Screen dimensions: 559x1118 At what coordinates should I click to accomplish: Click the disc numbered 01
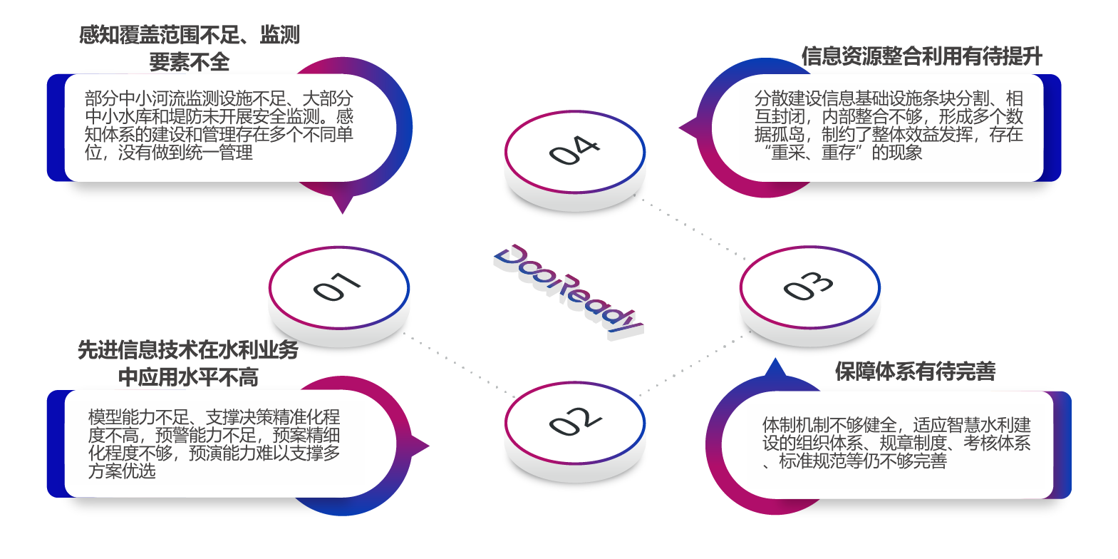coord(338,288)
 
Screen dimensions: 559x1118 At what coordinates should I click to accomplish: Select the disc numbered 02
coord(574,422)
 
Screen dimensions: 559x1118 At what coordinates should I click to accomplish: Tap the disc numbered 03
coord(809,287)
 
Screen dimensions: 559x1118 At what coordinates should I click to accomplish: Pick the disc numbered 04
coord(574,151)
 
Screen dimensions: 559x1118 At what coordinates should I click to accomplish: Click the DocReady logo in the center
coord(569,289)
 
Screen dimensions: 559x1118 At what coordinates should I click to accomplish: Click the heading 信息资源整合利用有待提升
coord(921,56)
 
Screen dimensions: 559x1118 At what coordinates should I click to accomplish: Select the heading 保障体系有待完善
coord(915,371)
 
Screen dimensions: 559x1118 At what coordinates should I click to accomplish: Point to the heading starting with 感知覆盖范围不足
coord(190,35)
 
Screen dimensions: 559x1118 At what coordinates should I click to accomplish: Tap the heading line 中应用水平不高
coord(188,376)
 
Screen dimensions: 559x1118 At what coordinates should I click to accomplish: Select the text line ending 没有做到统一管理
coord(169,153)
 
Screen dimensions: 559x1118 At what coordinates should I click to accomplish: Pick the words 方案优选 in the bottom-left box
coord(122,471)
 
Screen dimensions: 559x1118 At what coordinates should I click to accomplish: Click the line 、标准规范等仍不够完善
coord(855,461)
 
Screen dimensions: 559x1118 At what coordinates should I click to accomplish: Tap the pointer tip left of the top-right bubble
coord(683,129)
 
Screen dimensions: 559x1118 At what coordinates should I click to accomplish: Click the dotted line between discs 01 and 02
coord(460,364)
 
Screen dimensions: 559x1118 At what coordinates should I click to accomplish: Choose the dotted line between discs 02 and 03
coord(688,366)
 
